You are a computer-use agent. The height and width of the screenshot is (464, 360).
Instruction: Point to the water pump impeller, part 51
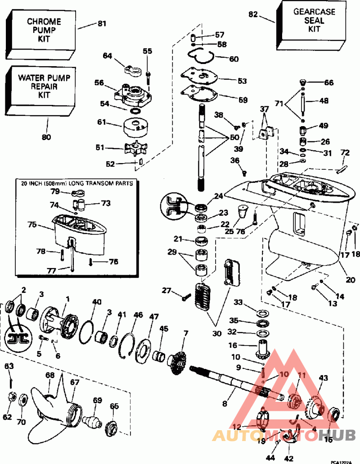pyautogui.click(x=136, y=149)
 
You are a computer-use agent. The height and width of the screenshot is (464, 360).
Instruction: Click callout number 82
pyautogui.click(x=253, y=14)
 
